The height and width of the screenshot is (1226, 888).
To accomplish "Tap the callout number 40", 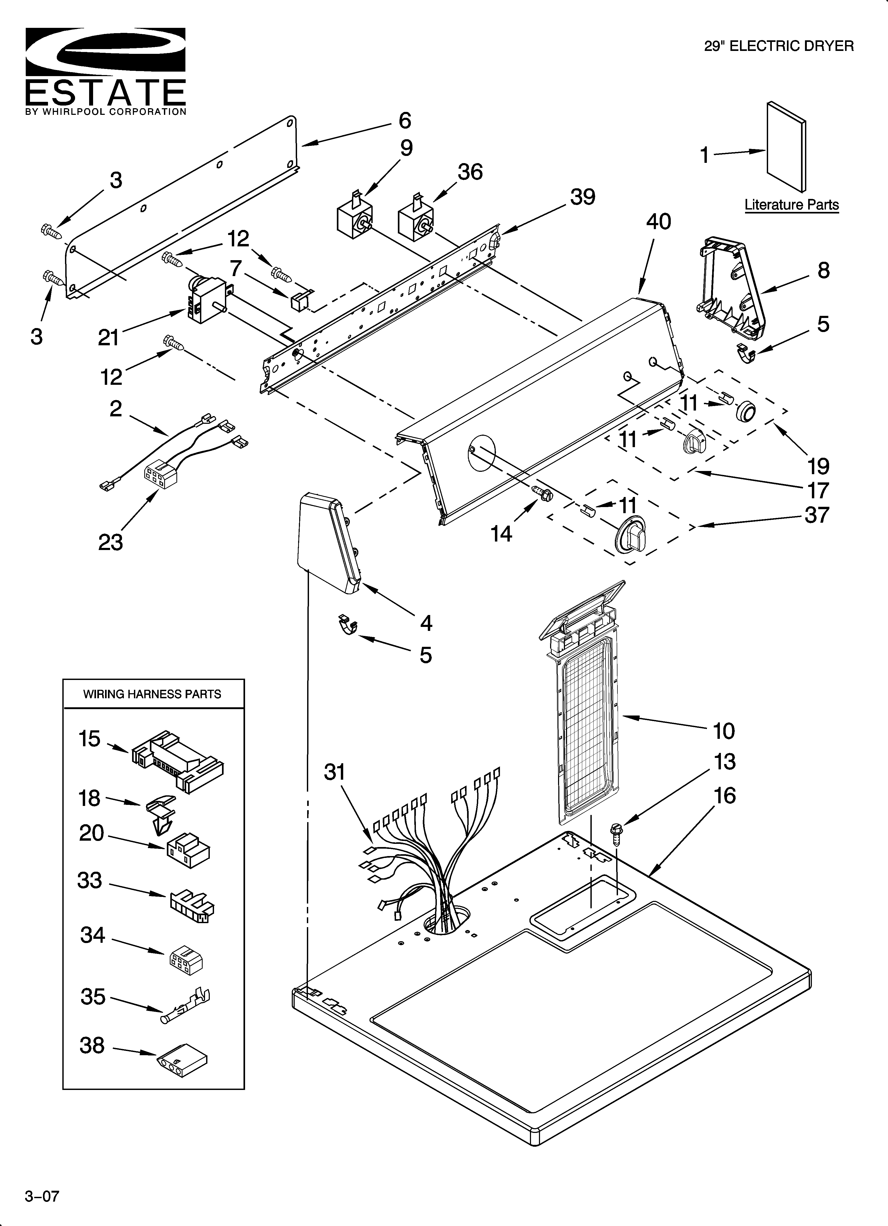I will click(658, 222).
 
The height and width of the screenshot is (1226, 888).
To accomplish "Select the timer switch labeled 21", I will click(208, 300).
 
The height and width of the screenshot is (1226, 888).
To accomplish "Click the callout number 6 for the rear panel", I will click(404, 121).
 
